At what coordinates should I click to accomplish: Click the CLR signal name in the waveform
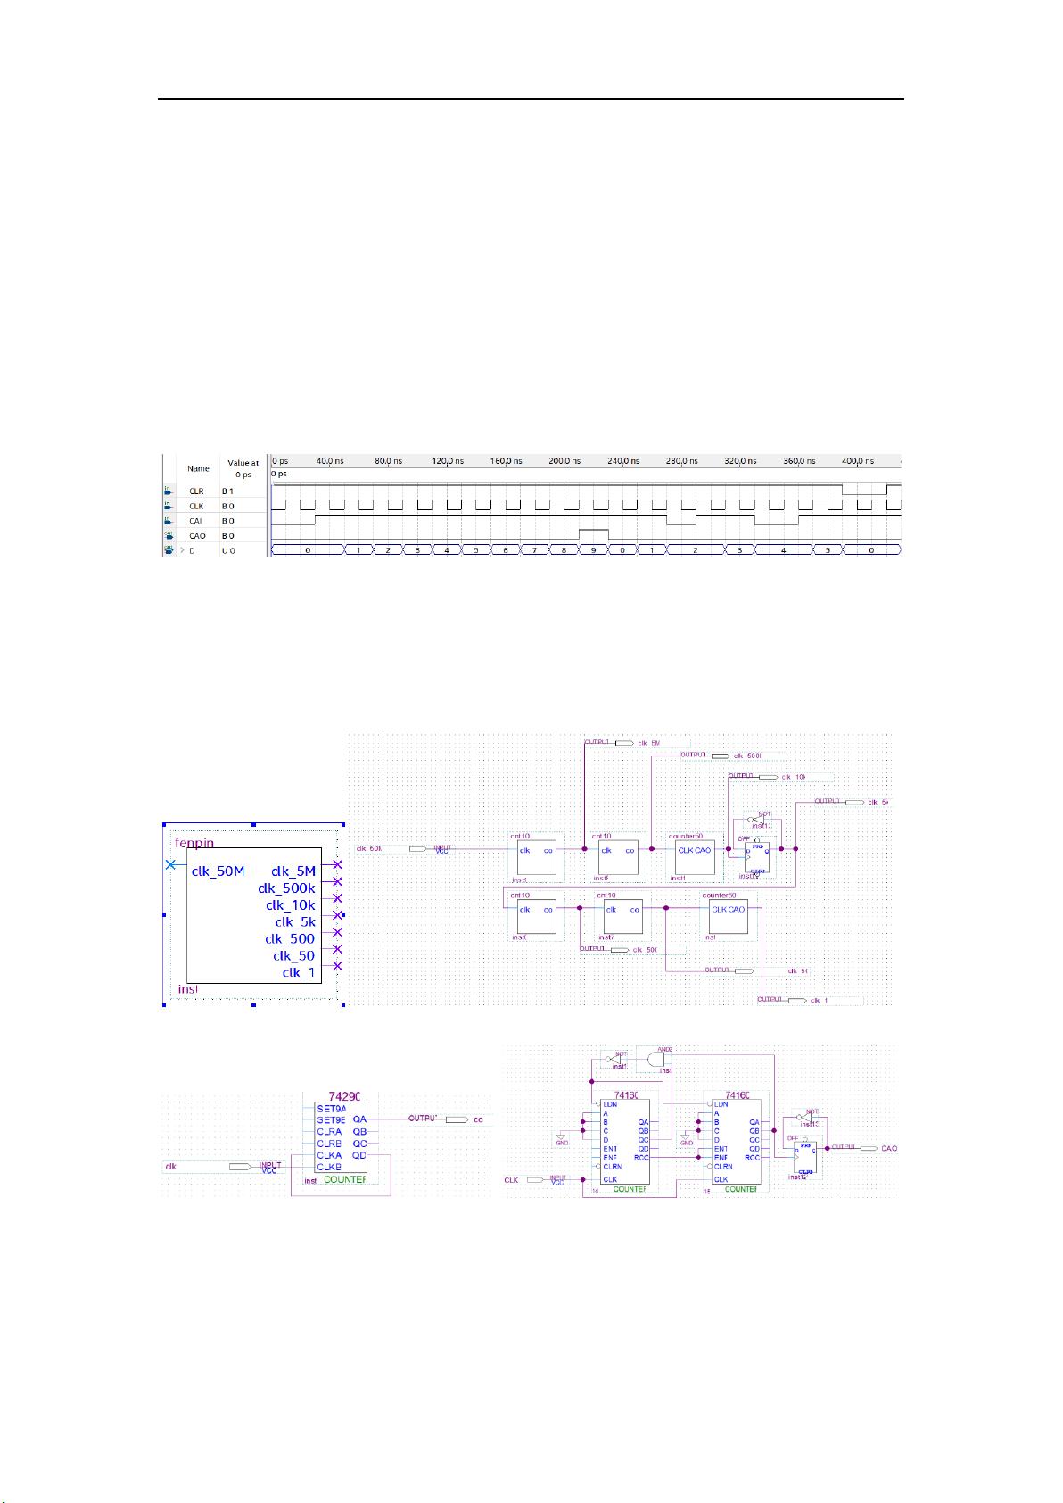(x=196, y=491)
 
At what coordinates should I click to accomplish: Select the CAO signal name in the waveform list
(x=197, y=536)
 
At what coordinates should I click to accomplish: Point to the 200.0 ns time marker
(x=564, y=461)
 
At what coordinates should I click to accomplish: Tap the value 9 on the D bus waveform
(x=593, y=550)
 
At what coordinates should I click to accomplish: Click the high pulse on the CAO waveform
(x=593, y=533)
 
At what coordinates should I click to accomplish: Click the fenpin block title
(x=194, y=842)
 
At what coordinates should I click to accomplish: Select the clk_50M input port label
(x=218, y=871)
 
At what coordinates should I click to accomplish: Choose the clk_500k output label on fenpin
(x=286, y=888)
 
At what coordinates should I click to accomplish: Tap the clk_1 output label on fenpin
(x=299, y=972)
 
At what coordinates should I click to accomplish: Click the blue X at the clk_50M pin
(x=170, y=865)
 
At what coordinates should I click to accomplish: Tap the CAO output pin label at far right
(x=889, y=1148)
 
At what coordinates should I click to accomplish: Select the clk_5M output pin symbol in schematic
(x=625, y=742)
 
